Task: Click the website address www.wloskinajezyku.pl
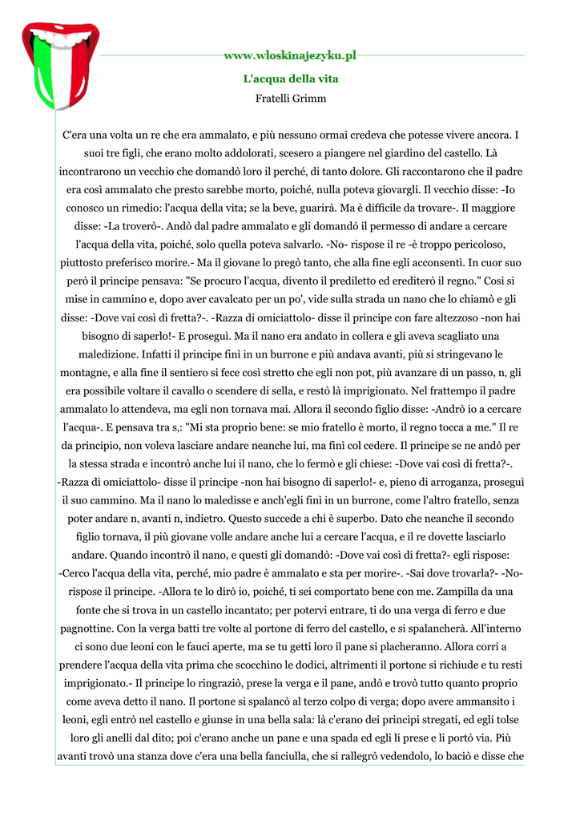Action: pos(290,55)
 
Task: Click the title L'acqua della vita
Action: pos(290,79)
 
